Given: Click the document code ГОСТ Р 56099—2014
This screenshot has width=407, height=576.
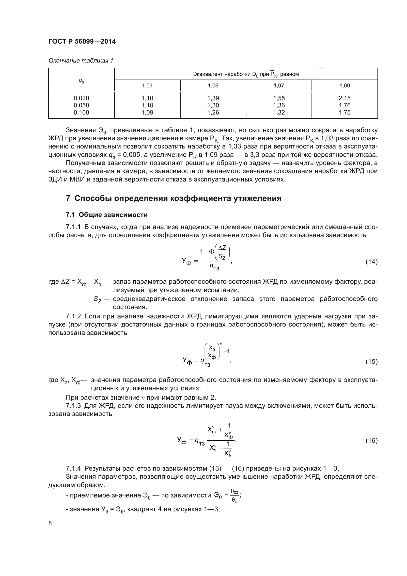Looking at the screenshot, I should pos(82,42).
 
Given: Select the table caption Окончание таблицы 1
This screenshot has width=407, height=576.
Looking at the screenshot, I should pos(81,61).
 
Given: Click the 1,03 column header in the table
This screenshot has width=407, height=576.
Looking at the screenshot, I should pos(147,86).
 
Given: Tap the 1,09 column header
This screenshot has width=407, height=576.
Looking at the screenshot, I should pos(344,86).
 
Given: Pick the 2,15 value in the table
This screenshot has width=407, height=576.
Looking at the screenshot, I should pos(344,98).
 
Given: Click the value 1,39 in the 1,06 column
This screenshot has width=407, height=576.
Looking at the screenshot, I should pos(213,98).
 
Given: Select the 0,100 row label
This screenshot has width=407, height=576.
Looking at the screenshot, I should pos(81,113).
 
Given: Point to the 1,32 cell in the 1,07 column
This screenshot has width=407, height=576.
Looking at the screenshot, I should pos(279,113).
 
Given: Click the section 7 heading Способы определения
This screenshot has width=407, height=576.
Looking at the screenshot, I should pos(173,198).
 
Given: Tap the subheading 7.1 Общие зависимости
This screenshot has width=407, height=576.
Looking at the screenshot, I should pos(107,215).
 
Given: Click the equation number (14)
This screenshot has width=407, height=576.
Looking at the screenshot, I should pos(371,262).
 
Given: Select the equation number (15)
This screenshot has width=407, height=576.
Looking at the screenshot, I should pos(371,362).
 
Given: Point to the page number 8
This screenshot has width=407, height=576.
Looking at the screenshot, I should pos(50,523).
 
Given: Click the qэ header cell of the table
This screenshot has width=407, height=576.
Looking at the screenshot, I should pos(81,80).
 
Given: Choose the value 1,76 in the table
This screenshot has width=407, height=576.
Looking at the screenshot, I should pos(344,105).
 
